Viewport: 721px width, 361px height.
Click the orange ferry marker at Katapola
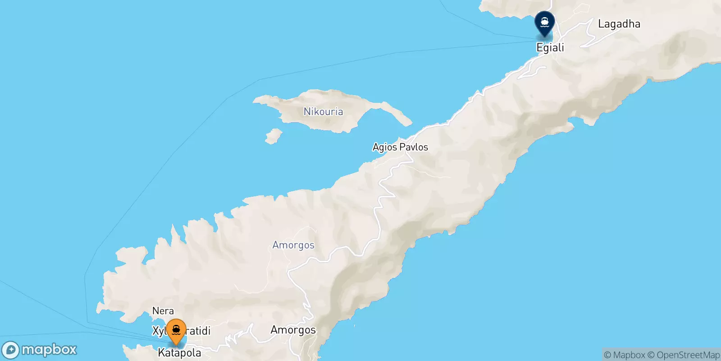(x=176, y=332)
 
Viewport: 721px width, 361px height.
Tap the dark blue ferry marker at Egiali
(x=544, y=23)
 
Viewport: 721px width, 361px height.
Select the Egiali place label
(x=550, y=47)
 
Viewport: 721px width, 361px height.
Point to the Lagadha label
(x=619, y=24)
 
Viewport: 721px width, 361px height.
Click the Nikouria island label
(x=323, y=111)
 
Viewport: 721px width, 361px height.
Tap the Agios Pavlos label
(x=400, y=147)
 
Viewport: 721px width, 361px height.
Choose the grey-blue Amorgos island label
(x=293, y=245)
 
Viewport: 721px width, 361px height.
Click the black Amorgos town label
(x=293, y=330)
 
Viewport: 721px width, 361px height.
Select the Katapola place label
(x=179, y=353)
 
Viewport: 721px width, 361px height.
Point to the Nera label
(x=163, y=311)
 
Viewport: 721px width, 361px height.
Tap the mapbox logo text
(x=49, y=350)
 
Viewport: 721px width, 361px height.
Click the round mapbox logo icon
(x=10, y=350)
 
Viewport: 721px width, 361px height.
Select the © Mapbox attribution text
(x=624, y=355)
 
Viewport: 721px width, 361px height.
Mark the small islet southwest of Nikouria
(x=273, y=136)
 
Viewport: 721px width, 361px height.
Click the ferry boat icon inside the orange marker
(x=176, y=330)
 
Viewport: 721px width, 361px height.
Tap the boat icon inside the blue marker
(x=544, y=21)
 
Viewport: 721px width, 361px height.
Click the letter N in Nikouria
(x=307, y=111)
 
